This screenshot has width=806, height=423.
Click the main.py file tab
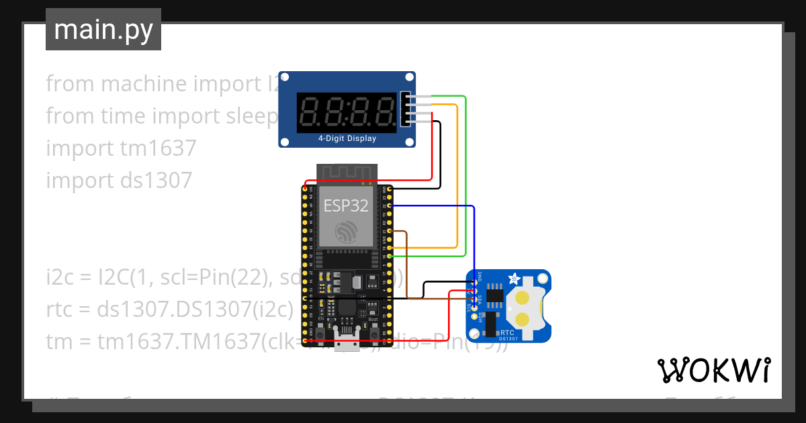[103, 30]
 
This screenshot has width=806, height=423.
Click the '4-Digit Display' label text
[347, 139]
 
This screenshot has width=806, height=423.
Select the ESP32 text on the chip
[346, 205]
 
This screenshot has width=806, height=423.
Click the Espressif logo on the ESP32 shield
[346, 232]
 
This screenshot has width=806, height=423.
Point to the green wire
[465, 175]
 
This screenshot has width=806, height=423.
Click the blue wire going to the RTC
[474, 242]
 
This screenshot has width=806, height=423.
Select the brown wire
[407, 269]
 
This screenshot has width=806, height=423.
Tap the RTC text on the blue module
[508, 332]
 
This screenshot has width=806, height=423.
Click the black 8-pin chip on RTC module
[496, 293]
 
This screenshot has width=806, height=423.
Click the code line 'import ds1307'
[119, 180]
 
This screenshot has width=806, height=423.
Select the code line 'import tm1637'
[121, 148]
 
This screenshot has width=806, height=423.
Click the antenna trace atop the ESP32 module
[346, 173]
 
